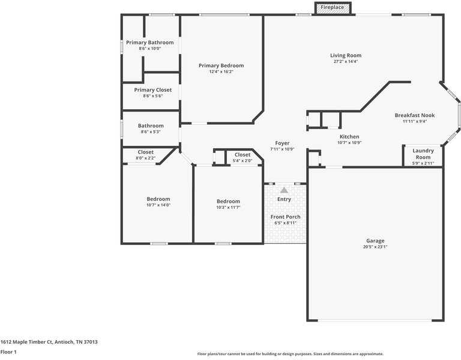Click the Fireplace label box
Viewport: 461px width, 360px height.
coord(332,7)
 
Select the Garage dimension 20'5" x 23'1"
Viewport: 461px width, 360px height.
coord(375,247)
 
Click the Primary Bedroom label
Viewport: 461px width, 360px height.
coord(221,65)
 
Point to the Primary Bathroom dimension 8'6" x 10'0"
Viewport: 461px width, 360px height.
coord(149,49)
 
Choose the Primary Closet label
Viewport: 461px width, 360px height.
coord(152,90)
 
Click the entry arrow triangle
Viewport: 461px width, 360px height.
coord(284,190)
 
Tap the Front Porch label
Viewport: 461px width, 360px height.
coord(286,217)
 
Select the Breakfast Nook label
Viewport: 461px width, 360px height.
coord(414,115)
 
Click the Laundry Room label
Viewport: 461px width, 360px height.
coord(423,154)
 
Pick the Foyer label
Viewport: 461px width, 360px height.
coord(282,143)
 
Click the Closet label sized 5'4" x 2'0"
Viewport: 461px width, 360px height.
coord(242,155)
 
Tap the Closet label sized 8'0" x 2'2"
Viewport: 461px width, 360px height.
coord(145,152)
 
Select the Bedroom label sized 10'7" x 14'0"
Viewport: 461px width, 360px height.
coord(158,199)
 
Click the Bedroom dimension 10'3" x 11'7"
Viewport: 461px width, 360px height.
coord(228,208)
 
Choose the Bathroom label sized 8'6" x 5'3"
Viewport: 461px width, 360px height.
coord(150,126)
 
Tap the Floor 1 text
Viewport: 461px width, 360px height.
coord(8,352)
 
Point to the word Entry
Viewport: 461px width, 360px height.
coord(284,199)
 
